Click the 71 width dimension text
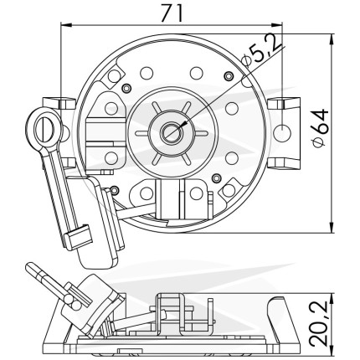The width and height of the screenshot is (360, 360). [x=172, y=13]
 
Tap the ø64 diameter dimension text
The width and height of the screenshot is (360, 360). [x=320, y=127]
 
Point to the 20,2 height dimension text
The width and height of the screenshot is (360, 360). [x=319, y=324]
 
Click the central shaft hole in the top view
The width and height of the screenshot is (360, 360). [x=171, y=132]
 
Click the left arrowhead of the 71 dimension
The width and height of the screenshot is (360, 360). [x=66, y=25]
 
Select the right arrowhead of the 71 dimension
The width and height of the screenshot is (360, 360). [x=276, y=25]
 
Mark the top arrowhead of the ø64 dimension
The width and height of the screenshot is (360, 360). [x=332, y=39]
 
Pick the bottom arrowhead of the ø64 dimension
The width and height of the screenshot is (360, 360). [x=332, y=227]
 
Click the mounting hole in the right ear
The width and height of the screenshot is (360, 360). [x=282, y=132]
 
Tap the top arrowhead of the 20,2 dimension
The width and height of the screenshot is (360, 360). [x=332, y=299]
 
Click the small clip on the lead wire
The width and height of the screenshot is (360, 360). [x=78, y=237]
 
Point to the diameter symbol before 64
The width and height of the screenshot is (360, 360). [x=320, y=142]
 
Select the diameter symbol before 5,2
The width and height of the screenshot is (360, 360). [x=247, y=61]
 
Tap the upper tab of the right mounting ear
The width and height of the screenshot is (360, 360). [x=283, y=103]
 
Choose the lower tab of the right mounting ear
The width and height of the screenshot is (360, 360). [x=283, y=162]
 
